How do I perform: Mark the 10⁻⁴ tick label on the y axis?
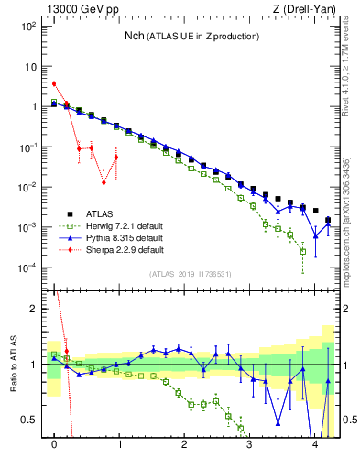click(29, 267)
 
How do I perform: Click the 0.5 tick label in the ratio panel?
click(30, 420)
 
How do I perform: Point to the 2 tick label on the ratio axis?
click(35, 309)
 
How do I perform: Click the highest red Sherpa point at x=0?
click(54, 83)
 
